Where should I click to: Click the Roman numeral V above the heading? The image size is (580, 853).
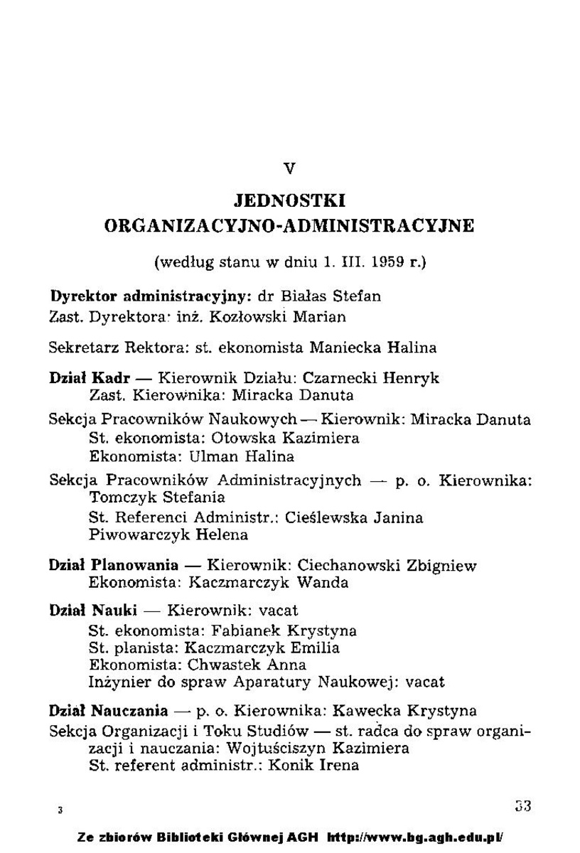coord(289,168)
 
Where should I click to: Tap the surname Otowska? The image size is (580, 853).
coord(252,438)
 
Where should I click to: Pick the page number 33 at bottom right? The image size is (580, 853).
coord(523,806)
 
